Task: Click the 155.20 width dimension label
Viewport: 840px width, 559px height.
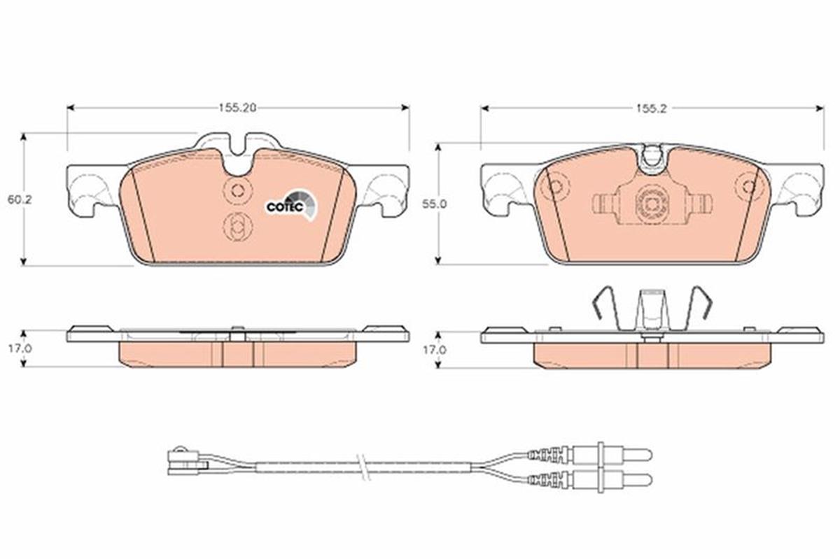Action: (238, 108)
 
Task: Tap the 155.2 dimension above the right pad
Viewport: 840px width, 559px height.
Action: (652, 108)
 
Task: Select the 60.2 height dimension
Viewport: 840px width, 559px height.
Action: (20, 200)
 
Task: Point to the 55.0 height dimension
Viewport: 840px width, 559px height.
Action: (434, 204)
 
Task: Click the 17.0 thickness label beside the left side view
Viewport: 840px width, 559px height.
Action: (20, 348)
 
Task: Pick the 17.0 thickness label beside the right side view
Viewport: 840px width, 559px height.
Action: (434, 350)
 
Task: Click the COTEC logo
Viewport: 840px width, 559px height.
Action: (292, 205)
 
